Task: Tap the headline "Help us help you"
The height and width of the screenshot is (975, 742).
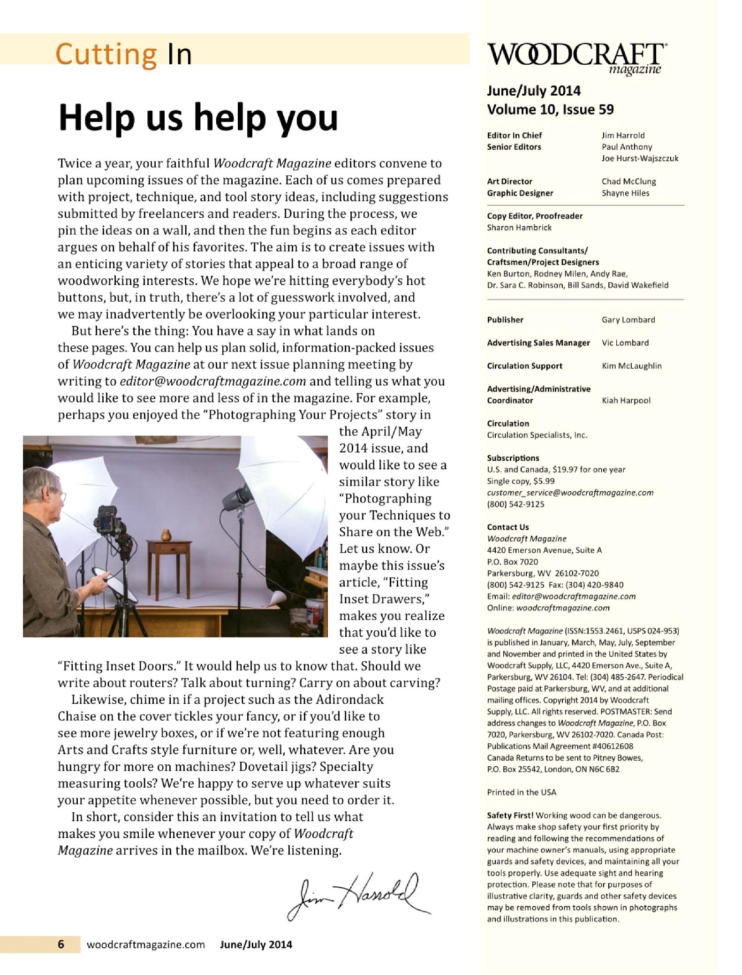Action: [x=198, y=117]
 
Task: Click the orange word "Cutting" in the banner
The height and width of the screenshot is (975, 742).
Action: [x=106, y=54]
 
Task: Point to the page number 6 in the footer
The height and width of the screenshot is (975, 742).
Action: [x=61, y=944]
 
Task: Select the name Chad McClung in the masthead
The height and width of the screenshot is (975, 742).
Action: [x=628, y=182]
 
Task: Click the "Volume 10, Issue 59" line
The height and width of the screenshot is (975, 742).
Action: [x=550, y=110]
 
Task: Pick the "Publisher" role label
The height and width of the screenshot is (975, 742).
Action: [x=505, y=320]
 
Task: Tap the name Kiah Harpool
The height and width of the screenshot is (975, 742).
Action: [x=626, y=401]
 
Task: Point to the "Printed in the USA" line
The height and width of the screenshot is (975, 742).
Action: [x=522, y=792]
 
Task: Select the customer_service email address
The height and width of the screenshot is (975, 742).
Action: [x=570, y=493]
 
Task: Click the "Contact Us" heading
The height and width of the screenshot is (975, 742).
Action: [x=508, y=527]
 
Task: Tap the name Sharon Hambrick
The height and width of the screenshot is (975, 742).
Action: [x=519, y=228]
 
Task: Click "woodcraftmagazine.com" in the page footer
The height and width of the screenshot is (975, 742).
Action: [x=146, y=945]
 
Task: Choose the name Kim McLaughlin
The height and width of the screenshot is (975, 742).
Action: [x=631, y=366]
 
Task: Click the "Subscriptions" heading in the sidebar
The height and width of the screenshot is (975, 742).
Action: [x=513, y=458]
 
